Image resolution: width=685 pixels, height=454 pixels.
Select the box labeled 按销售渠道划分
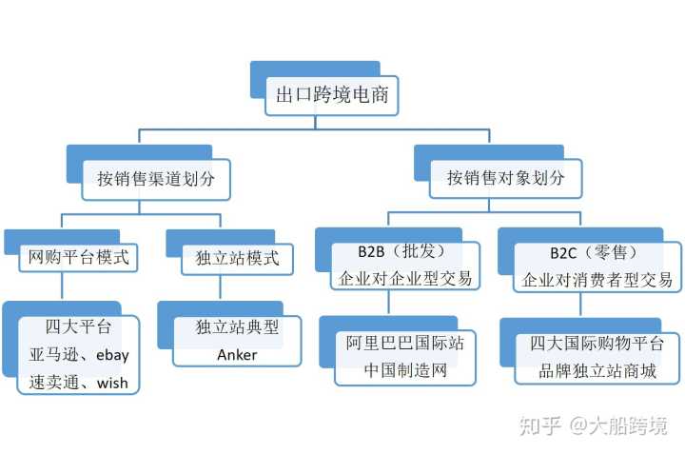point(155,177)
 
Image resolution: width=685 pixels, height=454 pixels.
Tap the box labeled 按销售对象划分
point(505,177)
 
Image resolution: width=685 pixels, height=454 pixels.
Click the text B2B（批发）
point(401,254)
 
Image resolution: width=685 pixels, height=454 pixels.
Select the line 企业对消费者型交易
point(597,280)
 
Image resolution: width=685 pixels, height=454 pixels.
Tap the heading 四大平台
point(78,327)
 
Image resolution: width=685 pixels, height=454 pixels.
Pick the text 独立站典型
point(238,327)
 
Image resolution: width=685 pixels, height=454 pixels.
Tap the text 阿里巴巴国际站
point(405,343)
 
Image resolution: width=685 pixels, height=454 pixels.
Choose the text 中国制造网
point(405,370)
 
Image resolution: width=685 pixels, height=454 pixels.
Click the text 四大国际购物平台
point(597,343)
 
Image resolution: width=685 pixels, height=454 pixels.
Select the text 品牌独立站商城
point(597,370)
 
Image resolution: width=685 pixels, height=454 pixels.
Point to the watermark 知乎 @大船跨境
point(593,425)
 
